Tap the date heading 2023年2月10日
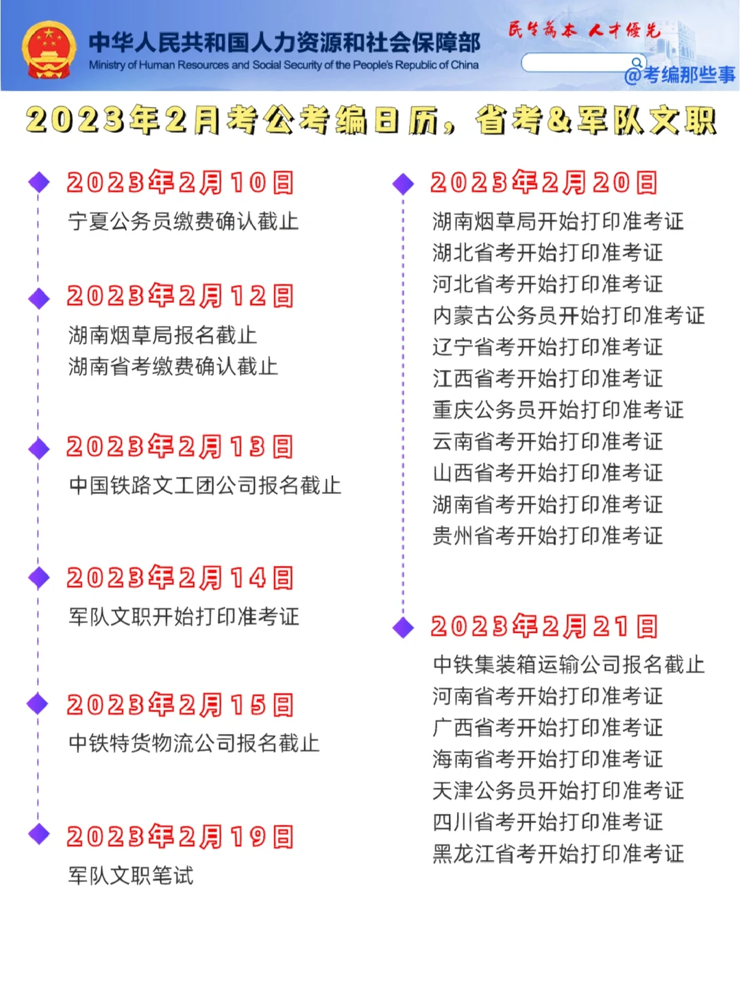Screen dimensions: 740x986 pos(180,183)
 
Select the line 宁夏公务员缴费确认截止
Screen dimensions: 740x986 pos(183,221)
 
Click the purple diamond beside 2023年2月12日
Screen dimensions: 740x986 pos(39,298)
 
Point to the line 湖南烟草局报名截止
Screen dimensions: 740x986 pos(162,335)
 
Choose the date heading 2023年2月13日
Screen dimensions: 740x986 pos(180,447)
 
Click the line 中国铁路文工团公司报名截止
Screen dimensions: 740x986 pos(205,485)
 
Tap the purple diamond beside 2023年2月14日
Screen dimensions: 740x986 pos(39,578)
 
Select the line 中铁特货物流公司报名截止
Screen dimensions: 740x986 pos(194,743)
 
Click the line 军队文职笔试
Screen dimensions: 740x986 pos(131,875)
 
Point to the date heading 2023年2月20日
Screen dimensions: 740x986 pos(544,183)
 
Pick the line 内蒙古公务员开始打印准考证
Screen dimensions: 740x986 pos(569,315)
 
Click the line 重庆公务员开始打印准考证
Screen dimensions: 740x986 pos(558,410)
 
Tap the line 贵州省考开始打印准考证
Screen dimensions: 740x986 pos(547,535)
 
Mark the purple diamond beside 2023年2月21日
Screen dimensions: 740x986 pos(403,626)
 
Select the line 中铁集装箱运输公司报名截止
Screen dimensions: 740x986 pos(569,664)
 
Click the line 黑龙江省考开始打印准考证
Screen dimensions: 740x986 pos(558,853)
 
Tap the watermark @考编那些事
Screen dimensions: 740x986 pos(680,74)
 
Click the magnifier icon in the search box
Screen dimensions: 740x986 pos(637,62)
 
